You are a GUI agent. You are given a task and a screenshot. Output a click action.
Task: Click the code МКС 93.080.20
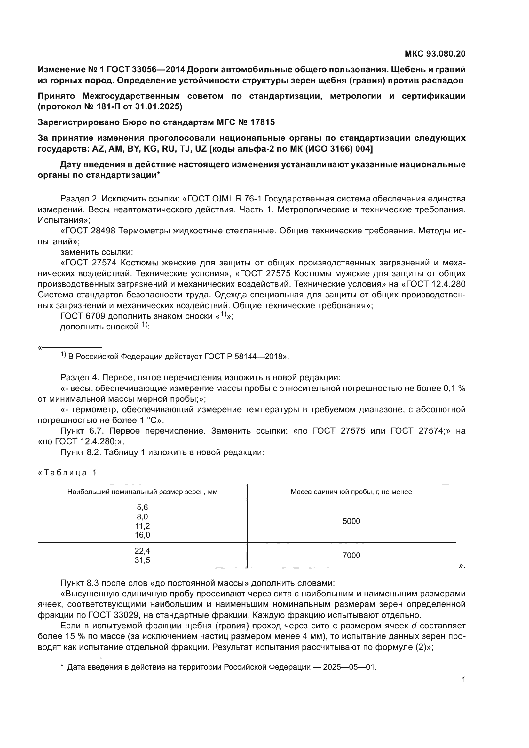point(435,54)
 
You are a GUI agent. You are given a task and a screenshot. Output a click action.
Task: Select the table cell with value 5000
point(351,521)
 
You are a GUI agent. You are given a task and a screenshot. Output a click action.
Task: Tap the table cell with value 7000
point(351,555)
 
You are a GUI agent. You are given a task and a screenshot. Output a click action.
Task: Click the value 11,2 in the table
point(142,526)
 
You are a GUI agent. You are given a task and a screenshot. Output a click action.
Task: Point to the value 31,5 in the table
point(142,560)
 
